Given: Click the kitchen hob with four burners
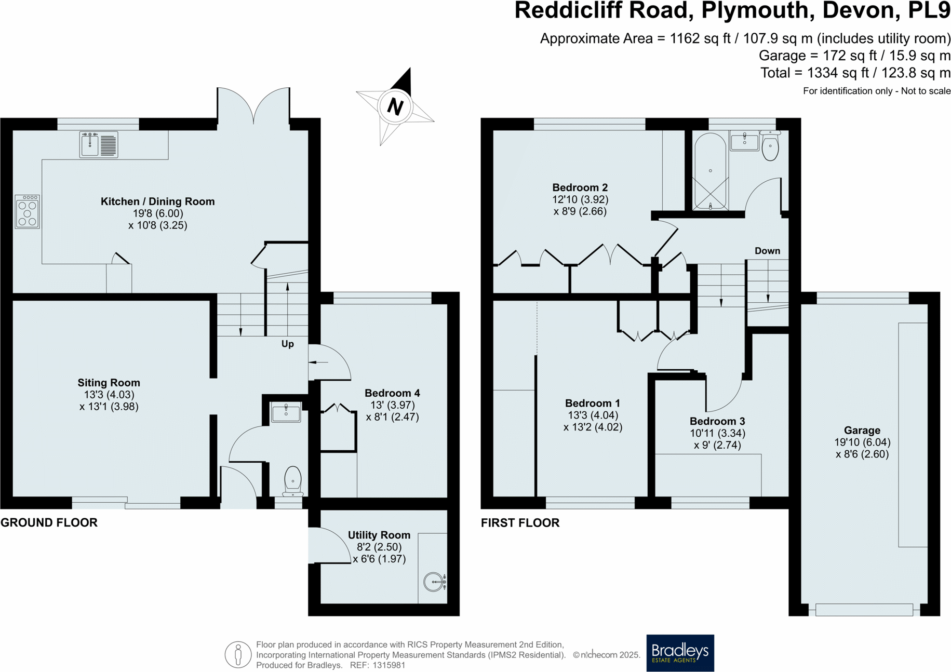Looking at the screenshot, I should (x=27, y=212).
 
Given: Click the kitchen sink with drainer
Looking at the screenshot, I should (x=99, y=144).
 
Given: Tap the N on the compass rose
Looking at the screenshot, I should (x=395, y=106).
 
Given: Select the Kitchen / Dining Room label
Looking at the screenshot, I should (x=157, y=201).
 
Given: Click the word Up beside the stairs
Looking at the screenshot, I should (x=287, y=344).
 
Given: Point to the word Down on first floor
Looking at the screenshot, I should (x=767, y=251).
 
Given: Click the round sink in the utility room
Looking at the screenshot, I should (x=434, y=582).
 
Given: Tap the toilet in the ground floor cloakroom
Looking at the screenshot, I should (x=293, y=480).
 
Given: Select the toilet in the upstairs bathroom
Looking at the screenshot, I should (x=770, y=146).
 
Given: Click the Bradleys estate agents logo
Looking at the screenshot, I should (x=680, y=653).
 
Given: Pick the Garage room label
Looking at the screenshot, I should (x=862, y=430).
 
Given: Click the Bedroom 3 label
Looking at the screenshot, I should (x=717, y=421).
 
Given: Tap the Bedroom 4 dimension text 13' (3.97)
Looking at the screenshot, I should (x=392, y=405).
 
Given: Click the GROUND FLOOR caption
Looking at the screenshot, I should (x=49, y=522).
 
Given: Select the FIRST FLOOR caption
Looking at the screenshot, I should (x=520, y=523).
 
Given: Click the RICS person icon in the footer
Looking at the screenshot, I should (x=238, y=654).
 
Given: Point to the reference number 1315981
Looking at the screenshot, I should (x=388, y=665).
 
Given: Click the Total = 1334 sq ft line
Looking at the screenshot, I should (x=855, y=73).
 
